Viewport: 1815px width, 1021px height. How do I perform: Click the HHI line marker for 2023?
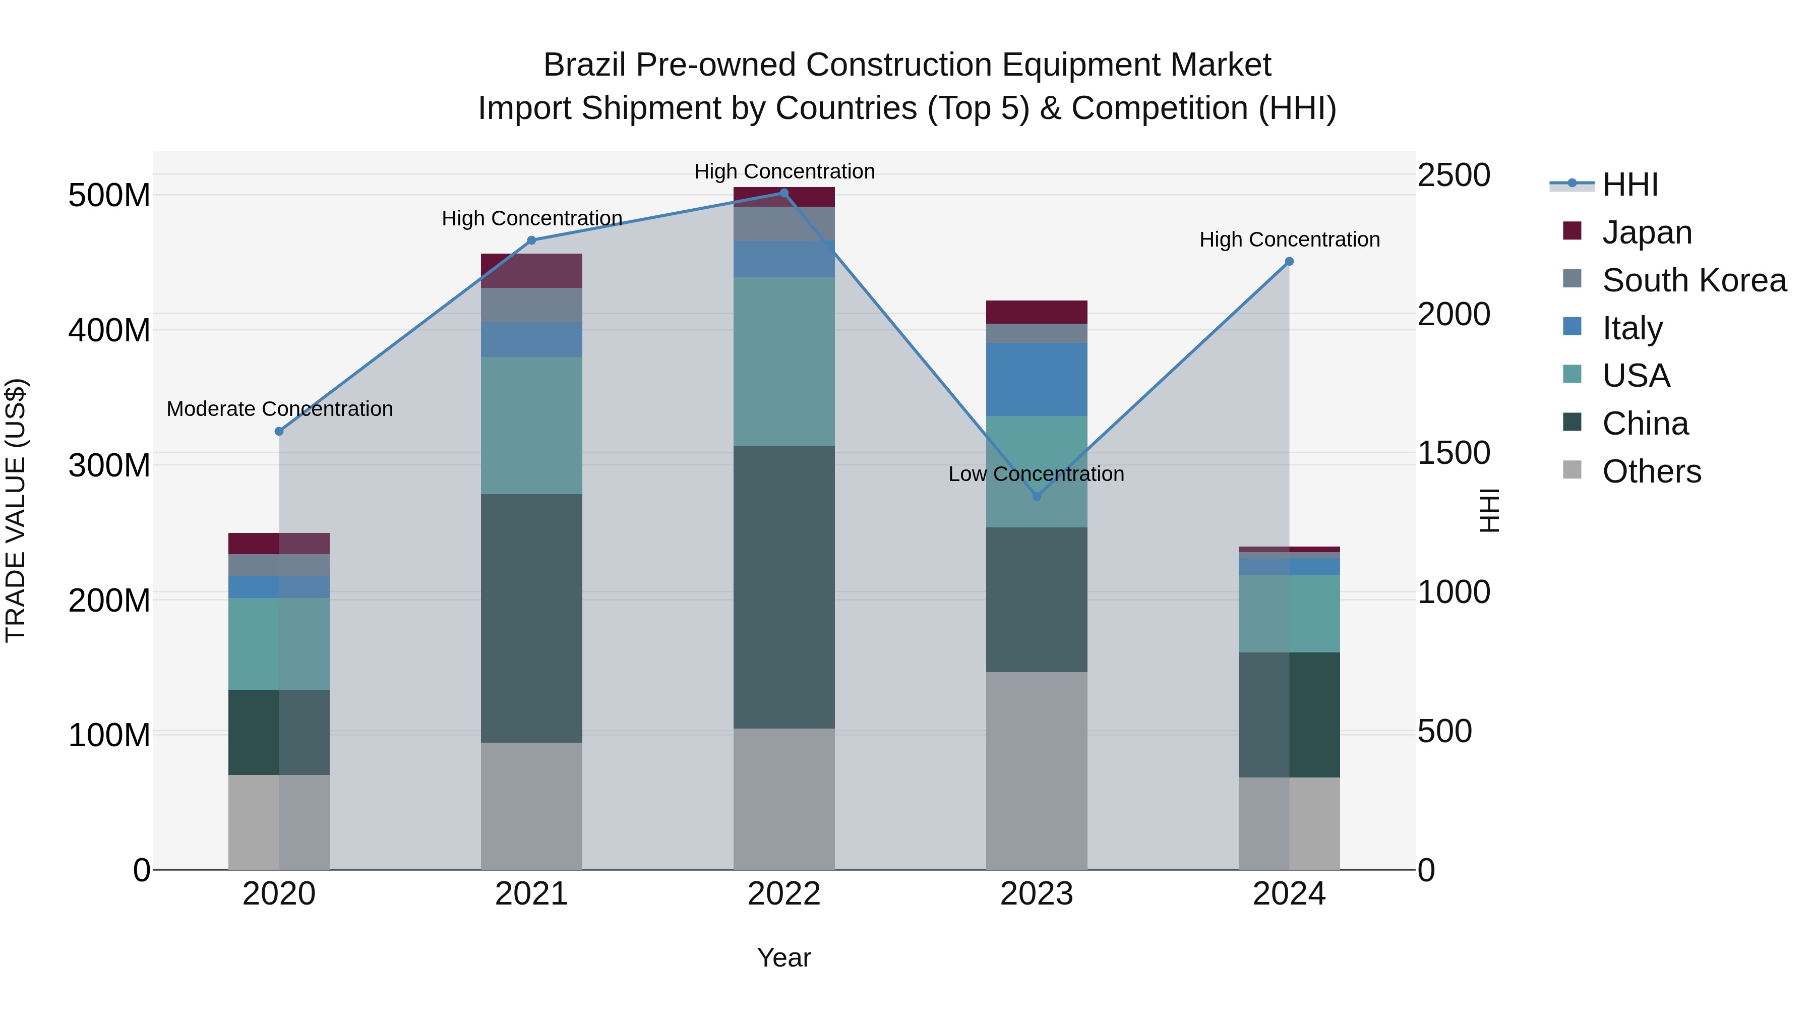[x=1037, y=496]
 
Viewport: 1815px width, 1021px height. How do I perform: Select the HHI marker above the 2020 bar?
[x=279, y=431]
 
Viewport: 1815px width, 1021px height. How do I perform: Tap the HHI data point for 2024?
[x=1289, y=261]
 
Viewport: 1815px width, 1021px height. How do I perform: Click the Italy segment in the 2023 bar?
[x=1037, y=379]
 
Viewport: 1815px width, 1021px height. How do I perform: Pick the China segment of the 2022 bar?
[x=783, y=586]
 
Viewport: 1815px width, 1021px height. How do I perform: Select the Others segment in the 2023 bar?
[x=1037, y=769]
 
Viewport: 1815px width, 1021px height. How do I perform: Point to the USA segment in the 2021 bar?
[x=531, y=425]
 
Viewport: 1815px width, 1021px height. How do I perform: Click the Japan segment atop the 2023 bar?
[x=1037, y=312]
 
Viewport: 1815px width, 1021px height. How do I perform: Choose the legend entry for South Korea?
[x=1694, y=280]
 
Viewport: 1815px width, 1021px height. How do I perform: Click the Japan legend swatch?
[x=1572, y=231]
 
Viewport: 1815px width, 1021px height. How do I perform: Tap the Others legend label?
[x=1652, y=471]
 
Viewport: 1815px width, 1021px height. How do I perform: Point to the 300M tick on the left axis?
[x=109, y=465]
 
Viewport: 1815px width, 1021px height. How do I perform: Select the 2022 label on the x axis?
[x=783, y=894]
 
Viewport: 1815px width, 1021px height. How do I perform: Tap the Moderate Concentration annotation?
[x=280, y=409]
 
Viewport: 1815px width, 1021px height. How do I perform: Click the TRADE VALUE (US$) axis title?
[x=16, y=510]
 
